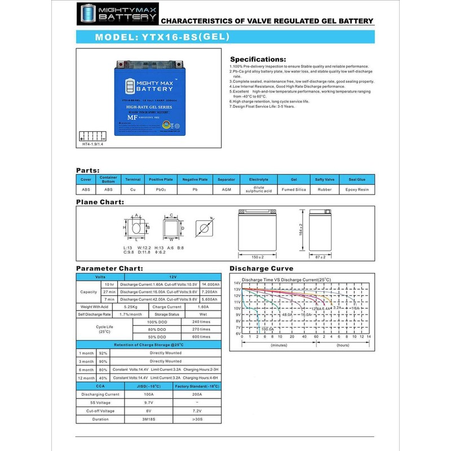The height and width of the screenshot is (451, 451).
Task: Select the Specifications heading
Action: (x=258, y=59)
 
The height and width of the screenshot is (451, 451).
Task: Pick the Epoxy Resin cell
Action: (x=357, y=190)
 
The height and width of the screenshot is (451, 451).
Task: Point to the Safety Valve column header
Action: (x=325, y=179)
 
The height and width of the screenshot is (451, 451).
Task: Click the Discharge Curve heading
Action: (x=260, y=269)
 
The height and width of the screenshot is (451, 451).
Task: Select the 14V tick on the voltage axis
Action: (x=237, y=283)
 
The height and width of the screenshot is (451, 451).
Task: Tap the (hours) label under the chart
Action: (x=343, y=344)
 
